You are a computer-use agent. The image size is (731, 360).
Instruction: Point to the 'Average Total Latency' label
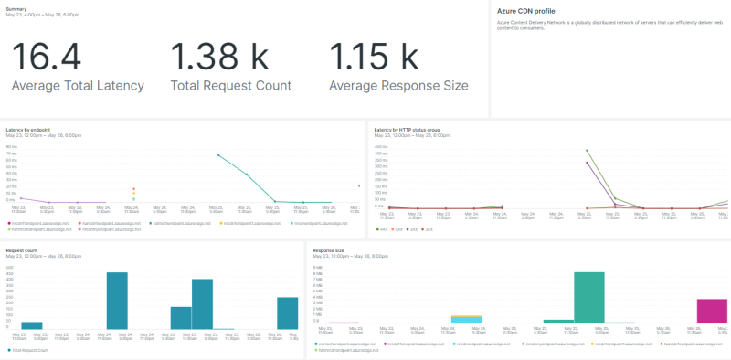click(78, 86)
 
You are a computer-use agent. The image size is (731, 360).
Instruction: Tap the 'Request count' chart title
click(21, 249)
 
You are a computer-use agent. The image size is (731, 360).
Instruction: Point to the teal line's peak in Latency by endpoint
click(218, 155)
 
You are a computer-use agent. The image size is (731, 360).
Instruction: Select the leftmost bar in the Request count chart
click(32, 324)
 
